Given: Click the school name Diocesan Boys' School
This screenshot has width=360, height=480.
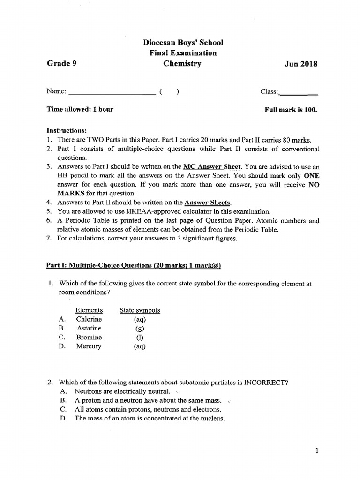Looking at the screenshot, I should pos(180,43).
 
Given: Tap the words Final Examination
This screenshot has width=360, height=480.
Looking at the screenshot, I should pos(180,53).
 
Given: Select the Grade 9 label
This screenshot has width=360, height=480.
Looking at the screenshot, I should pos(61,64).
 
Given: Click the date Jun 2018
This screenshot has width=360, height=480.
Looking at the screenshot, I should pos(300,64).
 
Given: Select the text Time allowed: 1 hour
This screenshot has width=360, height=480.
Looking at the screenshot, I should pos(80,109).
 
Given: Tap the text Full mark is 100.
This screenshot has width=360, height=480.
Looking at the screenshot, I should pos(291,109).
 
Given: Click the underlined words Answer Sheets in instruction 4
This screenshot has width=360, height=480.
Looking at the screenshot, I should pos(208,202).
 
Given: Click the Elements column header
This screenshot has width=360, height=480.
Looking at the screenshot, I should pos(89,310).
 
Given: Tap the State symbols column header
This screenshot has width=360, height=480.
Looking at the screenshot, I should pos(140,310).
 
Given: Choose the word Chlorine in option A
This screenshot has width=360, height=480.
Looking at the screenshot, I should pos(89,319).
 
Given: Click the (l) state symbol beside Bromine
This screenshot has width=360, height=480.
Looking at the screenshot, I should pos(140,337).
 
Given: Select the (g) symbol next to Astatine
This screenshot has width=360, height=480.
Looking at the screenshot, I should pos(140,329).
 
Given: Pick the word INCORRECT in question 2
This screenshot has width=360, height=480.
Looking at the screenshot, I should pos(266,382).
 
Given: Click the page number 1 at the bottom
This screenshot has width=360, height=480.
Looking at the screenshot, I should pos(317,451).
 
